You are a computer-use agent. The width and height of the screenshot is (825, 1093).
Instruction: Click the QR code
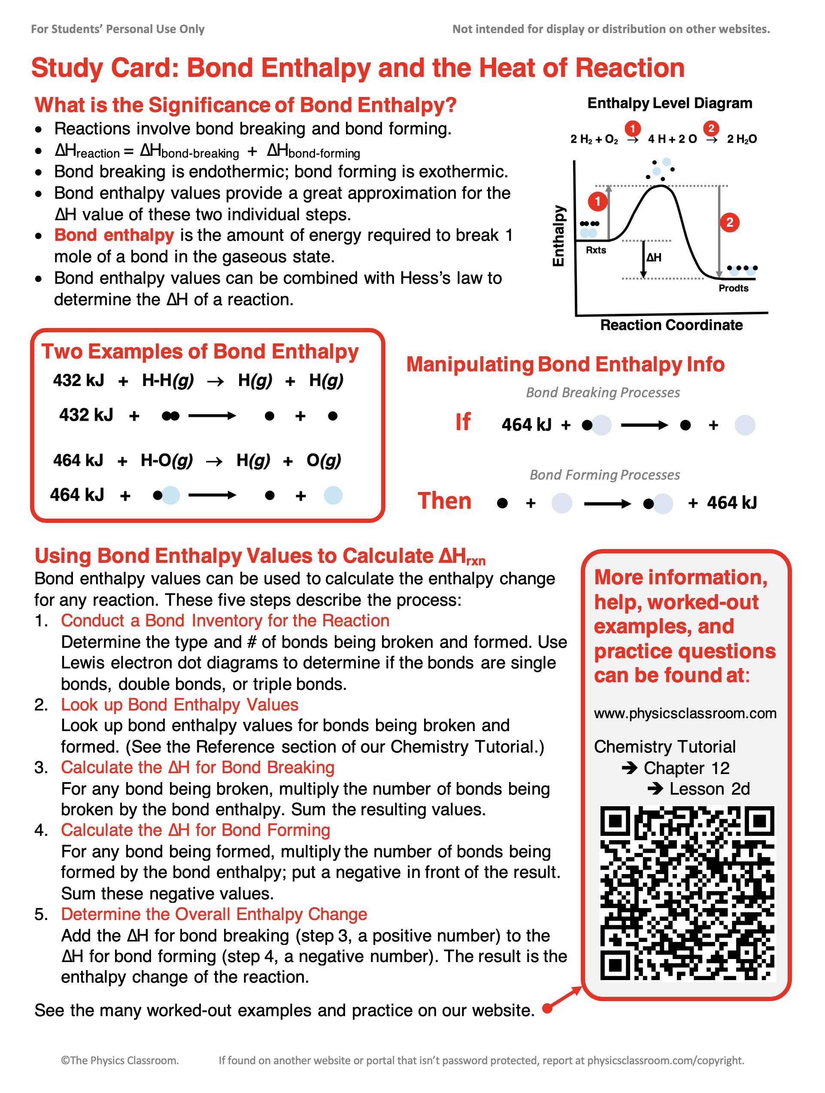coord(687,893)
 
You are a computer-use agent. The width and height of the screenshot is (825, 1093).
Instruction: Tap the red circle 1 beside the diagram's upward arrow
coord(597,201)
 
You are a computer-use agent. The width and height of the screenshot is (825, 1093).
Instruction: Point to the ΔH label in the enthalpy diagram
coord(654,258)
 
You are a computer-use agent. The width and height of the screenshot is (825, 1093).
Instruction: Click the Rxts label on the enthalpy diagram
coord(596,250)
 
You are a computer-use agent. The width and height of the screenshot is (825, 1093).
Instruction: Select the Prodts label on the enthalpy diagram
coord(733,288)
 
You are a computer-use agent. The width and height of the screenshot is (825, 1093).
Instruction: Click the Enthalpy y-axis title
coord(558,236)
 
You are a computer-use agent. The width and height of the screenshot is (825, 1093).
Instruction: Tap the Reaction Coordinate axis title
coord(671,325)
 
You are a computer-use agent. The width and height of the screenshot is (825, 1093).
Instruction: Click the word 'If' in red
coord(462,422)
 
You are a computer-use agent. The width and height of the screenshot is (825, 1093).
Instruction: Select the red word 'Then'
coord(444,501)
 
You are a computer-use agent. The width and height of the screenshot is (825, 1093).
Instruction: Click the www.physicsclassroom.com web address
coord(685,713)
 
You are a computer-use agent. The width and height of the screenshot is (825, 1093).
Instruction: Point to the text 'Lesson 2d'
coord(710,789)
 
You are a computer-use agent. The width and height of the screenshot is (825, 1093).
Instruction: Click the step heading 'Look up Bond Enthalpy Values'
coord(179,704)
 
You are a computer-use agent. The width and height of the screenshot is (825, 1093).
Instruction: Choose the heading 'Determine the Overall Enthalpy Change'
coord(214,914)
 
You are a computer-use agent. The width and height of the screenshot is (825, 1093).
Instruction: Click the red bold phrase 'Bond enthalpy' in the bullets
coord(114,235)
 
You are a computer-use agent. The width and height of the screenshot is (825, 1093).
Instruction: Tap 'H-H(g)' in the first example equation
coord(167,380)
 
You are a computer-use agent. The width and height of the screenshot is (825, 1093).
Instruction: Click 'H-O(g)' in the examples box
coord(167,461)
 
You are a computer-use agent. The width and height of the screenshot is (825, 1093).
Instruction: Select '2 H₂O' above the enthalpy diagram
coord(741,140)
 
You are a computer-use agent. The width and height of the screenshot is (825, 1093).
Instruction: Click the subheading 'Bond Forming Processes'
coord(604,475)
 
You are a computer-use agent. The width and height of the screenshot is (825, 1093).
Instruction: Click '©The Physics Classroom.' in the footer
coord(120,1060)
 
